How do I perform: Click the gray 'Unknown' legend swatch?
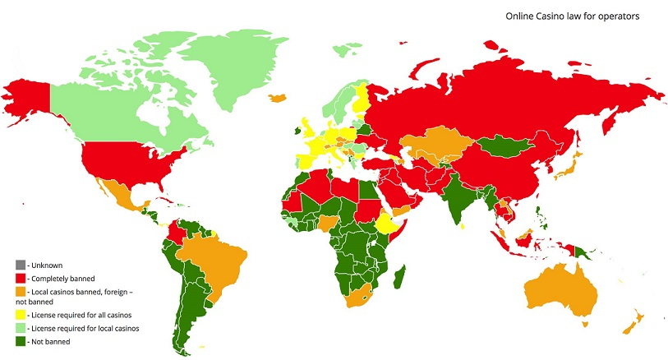(x=19, y=264)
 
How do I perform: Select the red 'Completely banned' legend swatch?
(x=19, y=279)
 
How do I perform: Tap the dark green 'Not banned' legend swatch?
(x=19, y=340)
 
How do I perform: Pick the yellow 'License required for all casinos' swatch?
(x=19, y=315)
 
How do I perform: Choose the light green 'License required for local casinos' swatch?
(x=19, y=328)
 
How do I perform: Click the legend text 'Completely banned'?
(x=61, y=279)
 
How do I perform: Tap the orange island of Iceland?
(x=278, y=97)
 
